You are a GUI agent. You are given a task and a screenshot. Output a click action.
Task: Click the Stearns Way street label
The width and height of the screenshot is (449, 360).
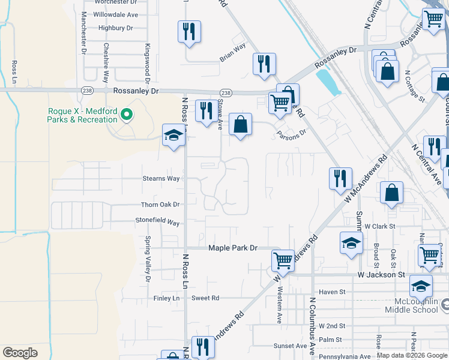coord(161,179)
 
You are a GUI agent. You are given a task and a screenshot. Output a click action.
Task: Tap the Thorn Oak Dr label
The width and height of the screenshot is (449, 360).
coord(160,205)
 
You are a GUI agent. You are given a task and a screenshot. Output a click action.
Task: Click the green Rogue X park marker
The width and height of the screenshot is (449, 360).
coord(127,113)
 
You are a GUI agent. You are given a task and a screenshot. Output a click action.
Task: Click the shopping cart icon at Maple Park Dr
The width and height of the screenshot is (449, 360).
coord(282,260)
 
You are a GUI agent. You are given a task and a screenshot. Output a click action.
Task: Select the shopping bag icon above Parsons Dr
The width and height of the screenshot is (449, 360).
coord(240,125)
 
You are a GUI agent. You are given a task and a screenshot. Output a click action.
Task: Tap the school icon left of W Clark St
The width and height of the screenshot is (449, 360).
coord(351,242)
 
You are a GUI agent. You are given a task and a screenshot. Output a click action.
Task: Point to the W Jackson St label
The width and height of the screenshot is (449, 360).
coord(382,274)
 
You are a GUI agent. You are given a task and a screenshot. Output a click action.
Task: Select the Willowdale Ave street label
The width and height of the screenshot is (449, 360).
coord(116,14)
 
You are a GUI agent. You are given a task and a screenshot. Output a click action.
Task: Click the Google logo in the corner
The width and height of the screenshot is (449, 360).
coord(20,352)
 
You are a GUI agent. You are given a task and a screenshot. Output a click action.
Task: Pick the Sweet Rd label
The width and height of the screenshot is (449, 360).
coord(205,298)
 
